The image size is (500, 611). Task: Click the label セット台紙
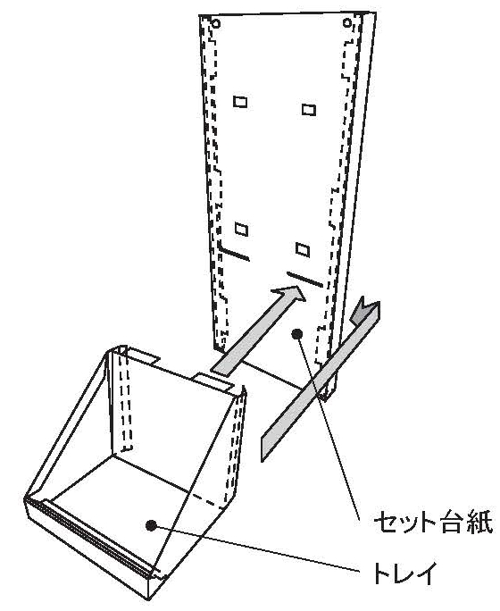click(x=433, y=522)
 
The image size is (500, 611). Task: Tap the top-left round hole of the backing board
click(x=216, y=24)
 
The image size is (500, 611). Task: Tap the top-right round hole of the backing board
click(x=347, y=23)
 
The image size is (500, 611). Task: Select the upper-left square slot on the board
click(x=240, y=102)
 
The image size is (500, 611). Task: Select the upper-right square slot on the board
click(x=309, y=110)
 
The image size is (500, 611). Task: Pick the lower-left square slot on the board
click(x=241, y=229)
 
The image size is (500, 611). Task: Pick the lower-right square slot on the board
click(x=303, y=249)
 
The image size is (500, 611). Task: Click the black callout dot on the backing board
click(x=297, y=333)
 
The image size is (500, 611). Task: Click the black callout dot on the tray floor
click(x=151, y=525)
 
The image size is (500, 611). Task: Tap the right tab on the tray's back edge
click(x=213, y=382)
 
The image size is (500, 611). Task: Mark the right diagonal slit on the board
click(x=304, y=279)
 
